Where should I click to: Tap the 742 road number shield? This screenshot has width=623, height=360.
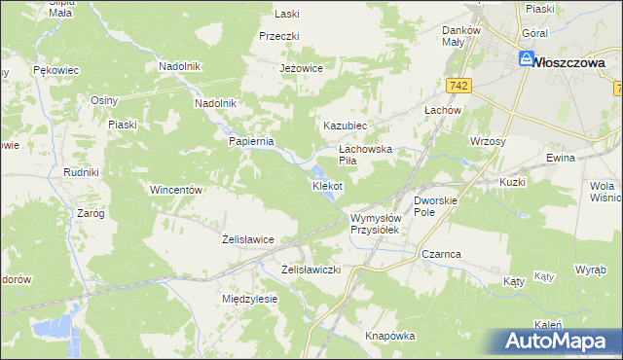pos(460,87)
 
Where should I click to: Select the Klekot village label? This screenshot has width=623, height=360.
pos(326,185)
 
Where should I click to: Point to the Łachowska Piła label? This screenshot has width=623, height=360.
pos(364,155)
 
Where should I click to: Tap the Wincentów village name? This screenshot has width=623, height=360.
pos(175,190)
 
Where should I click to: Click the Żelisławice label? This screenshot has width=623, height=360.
pos(247,238)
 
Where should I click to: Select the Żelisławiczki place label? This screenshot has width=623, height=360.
pos(311,269)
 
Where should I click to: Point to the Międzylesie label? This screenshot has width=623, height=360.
pos(250,299)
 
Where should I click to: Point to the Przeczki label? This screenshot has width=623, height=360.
pos(278,36)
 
